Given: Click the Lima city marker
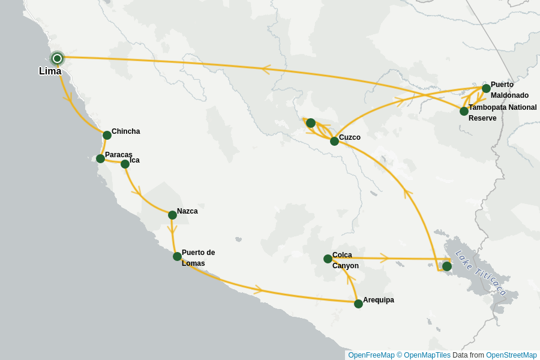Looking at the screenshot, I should pos(57,58).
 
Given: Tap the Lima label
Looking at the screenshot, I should pos(50,71).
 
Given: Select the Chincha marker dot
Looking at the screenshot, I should pos(107,135).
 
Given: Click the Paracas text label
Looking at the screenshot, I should pos(118,155).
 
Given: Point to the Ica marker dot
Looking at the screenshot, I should pos(125,164).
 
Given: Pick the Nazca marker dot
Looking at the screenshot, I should pos(172,215).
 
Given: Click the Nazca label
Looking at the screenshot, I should pos(187,211).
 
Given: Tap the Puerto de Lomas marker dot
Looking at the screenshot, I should pos(177,256).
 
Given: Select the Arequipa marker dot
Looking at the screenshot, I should pos(358,304).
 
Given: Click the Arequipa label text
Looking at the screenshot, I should pos(378,300).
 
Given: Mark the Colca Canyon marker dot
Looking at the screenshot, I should pos(328,259).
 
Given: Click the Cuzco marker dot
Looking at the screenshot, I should pos(334,141).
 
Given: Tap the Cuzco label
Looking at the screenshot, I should pos(349,137).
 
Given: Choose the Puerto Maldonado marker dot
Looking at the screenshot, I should pos(486,88).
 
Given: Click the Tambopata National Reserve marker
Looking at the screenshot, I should pos(464,111).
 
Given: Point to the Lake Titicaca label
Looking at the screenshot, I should pos(481,272).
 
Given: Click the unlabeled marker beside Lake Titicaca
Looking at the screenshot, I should pos(446,266).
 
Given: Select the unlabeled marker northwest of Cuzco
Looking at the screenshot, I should pos(310,123).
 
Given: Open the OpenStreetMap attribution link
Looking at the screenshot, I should pos(511,355).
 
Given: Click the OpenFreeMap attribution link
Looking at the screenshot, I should pos(371,355).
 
